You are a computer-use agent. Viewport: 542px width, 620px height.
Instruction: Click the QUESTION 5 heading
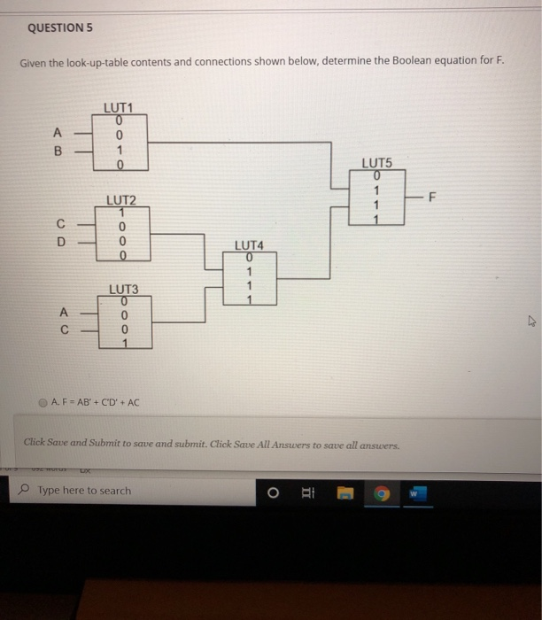point(60,27)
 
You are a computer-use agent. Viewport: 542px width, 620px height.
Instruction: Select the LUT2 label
point(120,199)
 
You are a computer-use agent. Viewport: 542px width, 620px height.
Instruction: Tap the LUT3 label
point(123,289)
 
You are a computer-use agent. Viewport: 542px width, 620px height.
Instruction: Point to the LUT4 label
point(250,244)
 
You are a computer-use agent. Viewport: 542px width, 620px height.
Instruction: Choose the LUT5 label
point(376,164)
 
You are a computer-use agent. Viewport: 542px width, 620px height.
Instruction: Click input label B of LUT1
point(60,151)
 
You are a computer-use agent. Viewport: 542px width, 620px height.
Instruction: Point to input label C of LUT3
point(62,330)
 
